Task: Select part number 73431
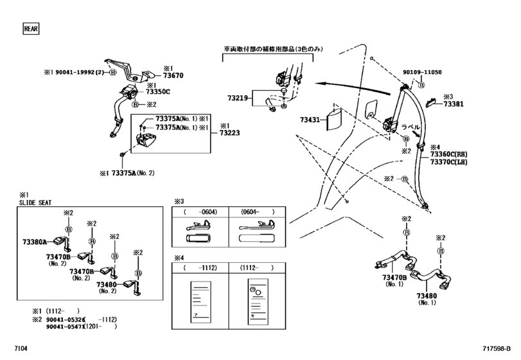click(310, 120)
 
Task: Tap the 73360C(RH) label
click(447, 154)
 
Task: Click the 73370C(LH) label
click(447, 162)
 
